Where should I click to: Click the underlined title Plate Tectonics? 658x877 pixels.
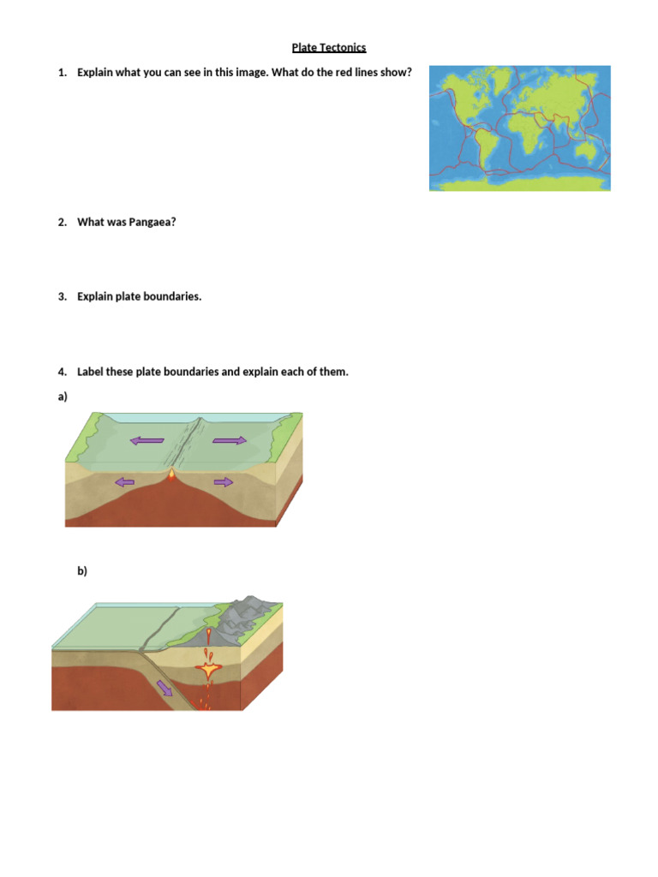pos(329,48)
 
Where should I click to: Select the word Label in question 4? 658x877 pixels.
pos(93,373)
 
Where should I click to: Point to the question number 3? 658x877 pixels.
pos(62,297)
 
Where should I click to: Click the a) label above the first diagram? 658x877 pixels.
pos(63,397)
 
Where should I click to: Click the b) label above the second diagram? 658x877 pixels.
pos(82,571)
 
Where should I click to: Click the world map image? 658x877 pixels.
pos(519,128)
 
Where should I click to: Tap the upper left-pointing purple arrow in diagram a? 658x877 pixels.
pos(147,441)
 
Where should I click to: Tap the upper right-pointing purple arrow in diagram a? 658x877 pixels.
pos(229,440)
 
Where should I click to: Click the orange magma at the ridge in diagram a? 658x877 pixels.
pos(173,472)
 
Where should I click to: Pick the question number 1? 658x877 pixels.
pos(62,73)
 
